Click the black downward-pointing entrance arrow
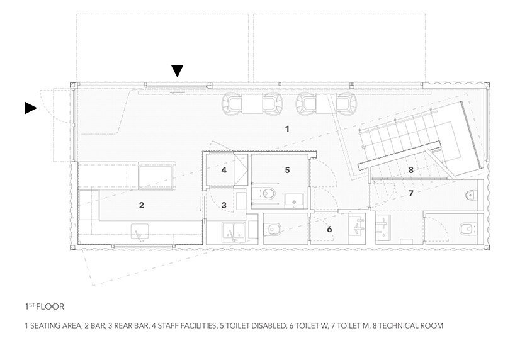point(178,70)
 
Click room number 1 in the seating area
point(287,129)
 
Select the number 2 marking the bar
point(142,205)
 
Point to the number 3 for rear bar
point(224,205)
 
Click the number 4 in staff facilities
point(224,170)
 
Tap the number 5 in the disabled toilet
point(287,170)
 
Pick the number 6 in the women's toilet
point(329,229)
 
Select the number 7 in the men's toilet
point(410,193)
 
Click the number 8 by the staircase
point(410,170)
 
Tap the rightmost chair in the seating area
point(344,104)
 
